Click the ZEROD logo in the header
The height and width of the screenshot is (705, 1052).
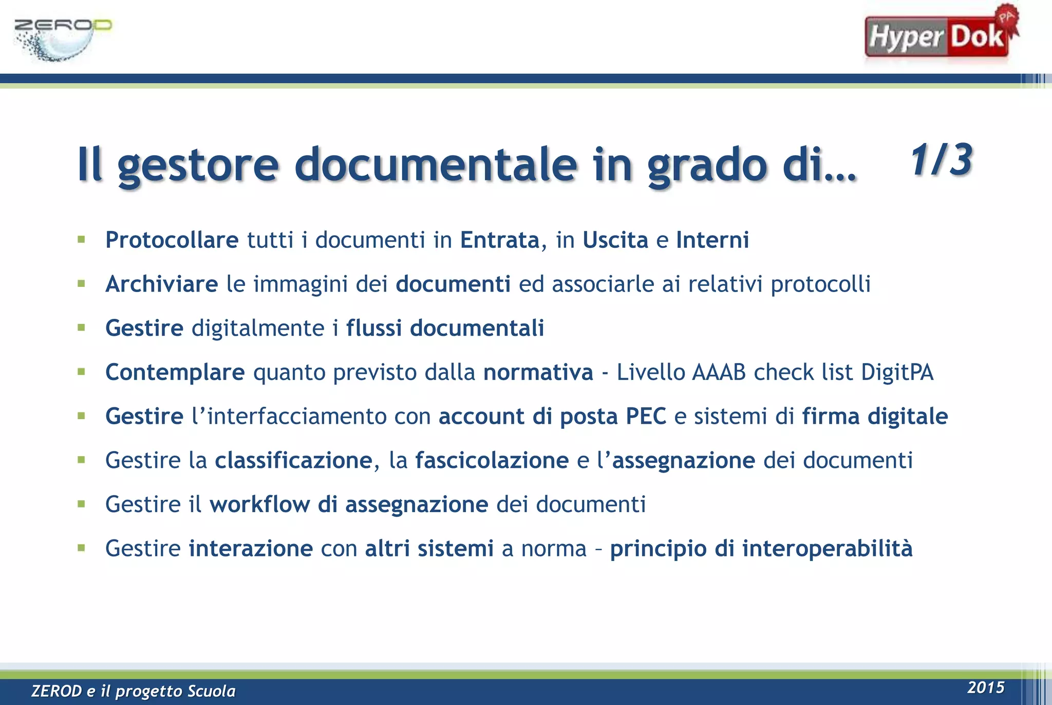62,39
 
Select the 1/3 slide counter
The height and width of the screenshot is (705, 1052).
941,160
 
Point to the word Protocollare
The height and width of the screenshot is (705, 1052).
172,240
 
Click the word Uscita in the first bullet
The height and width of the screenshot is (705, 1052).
615,240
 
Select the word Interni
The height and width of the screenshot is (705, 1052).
712,240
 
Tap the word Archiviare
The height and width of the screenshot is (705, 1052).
161,284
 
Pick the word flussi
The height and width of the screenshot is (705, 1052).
373,328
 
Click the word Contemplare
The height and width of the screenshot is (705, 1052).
175,372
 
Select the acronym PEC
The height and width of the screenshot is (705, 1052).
646,417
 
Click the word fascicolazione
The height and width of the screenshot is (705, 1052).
492,460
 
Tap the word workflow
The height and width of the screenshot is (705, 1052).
259,504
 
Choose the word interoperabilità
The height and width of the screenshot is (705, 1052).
827,549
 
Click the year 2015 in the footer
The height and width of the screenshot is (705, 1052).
986,688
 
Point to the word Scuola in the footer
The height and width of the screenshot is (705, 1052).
211,691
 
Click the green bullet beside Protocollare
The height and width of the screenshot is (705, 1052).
81,239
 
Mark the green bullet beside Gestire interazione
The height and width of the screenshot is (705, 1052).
81,548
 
